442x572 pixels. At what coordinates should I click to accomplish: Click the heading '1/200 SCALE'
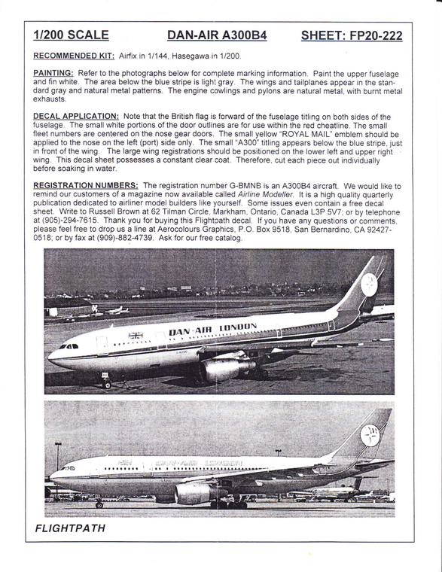tap(71, 35)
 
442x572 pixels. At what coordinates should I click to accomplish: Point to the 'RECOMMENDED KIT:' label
tap(74, 56)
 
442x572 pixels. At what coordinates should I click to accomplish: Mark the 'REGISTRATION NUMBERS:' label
tap(86, 185)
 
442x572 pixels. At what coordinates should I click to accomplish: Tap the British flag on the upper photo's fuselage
tap(136, 335)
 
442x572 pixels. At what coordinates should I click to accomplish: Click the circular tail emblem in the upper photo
tap(368, 284)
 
